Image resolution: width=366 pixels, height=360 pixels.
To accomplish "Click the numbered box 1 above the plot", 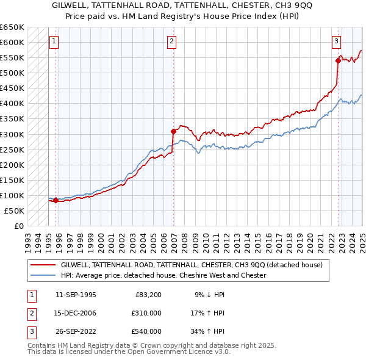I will (x=54, y=41).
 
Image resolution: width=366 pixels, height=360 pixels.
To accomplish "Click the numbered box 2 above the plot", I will (x=172, y=41).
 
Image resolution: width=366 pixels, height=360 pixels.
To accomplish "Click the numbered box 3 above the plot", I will (x=336, y=41).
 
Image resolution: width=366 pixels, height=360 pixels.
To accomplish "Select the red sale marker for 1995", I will (x=56, y=200).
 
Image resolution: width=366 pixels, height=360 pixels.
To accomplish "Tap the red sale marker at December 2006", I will (x=174, y=131).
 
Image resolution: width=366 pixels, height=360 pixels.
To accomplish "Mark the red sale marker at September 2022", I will (x=338, y=60).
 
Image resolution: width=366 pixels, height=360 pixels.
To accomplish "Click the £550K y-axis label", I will (x=12, y=58).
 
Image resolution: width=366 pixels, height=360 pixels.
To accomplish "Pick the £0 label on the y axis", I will (x=18, y=226).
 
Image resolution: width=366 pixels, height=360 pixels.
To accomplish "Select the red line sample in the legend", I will (x=43, y=265).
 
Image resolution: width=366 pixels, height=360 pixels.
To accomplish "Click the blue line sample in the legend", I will (x=43, y=275).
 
